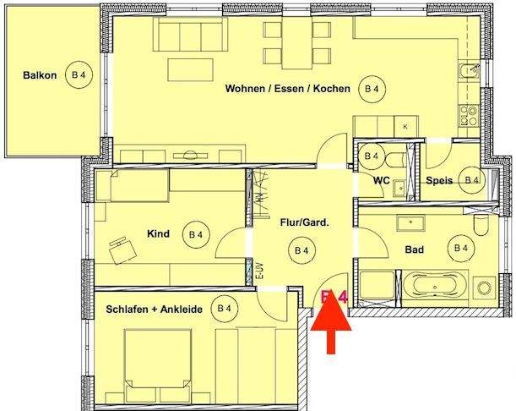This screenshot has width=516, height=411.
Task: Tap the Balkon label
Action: [40, 75]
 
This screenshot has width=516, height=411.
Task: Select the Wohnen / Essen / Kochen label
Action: [287, 88]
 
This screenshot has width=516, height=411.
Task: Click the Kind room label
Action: [159, 233]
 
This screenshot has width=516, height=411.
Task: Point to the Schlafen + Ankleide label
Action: [155, 310]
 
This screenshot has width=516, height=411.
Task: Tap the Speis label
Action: [438, 180]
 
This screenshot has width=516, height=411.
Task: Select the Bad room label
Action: [414, 249]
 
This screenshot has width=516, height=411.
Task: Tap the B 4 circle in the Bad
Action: [461, 248]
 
